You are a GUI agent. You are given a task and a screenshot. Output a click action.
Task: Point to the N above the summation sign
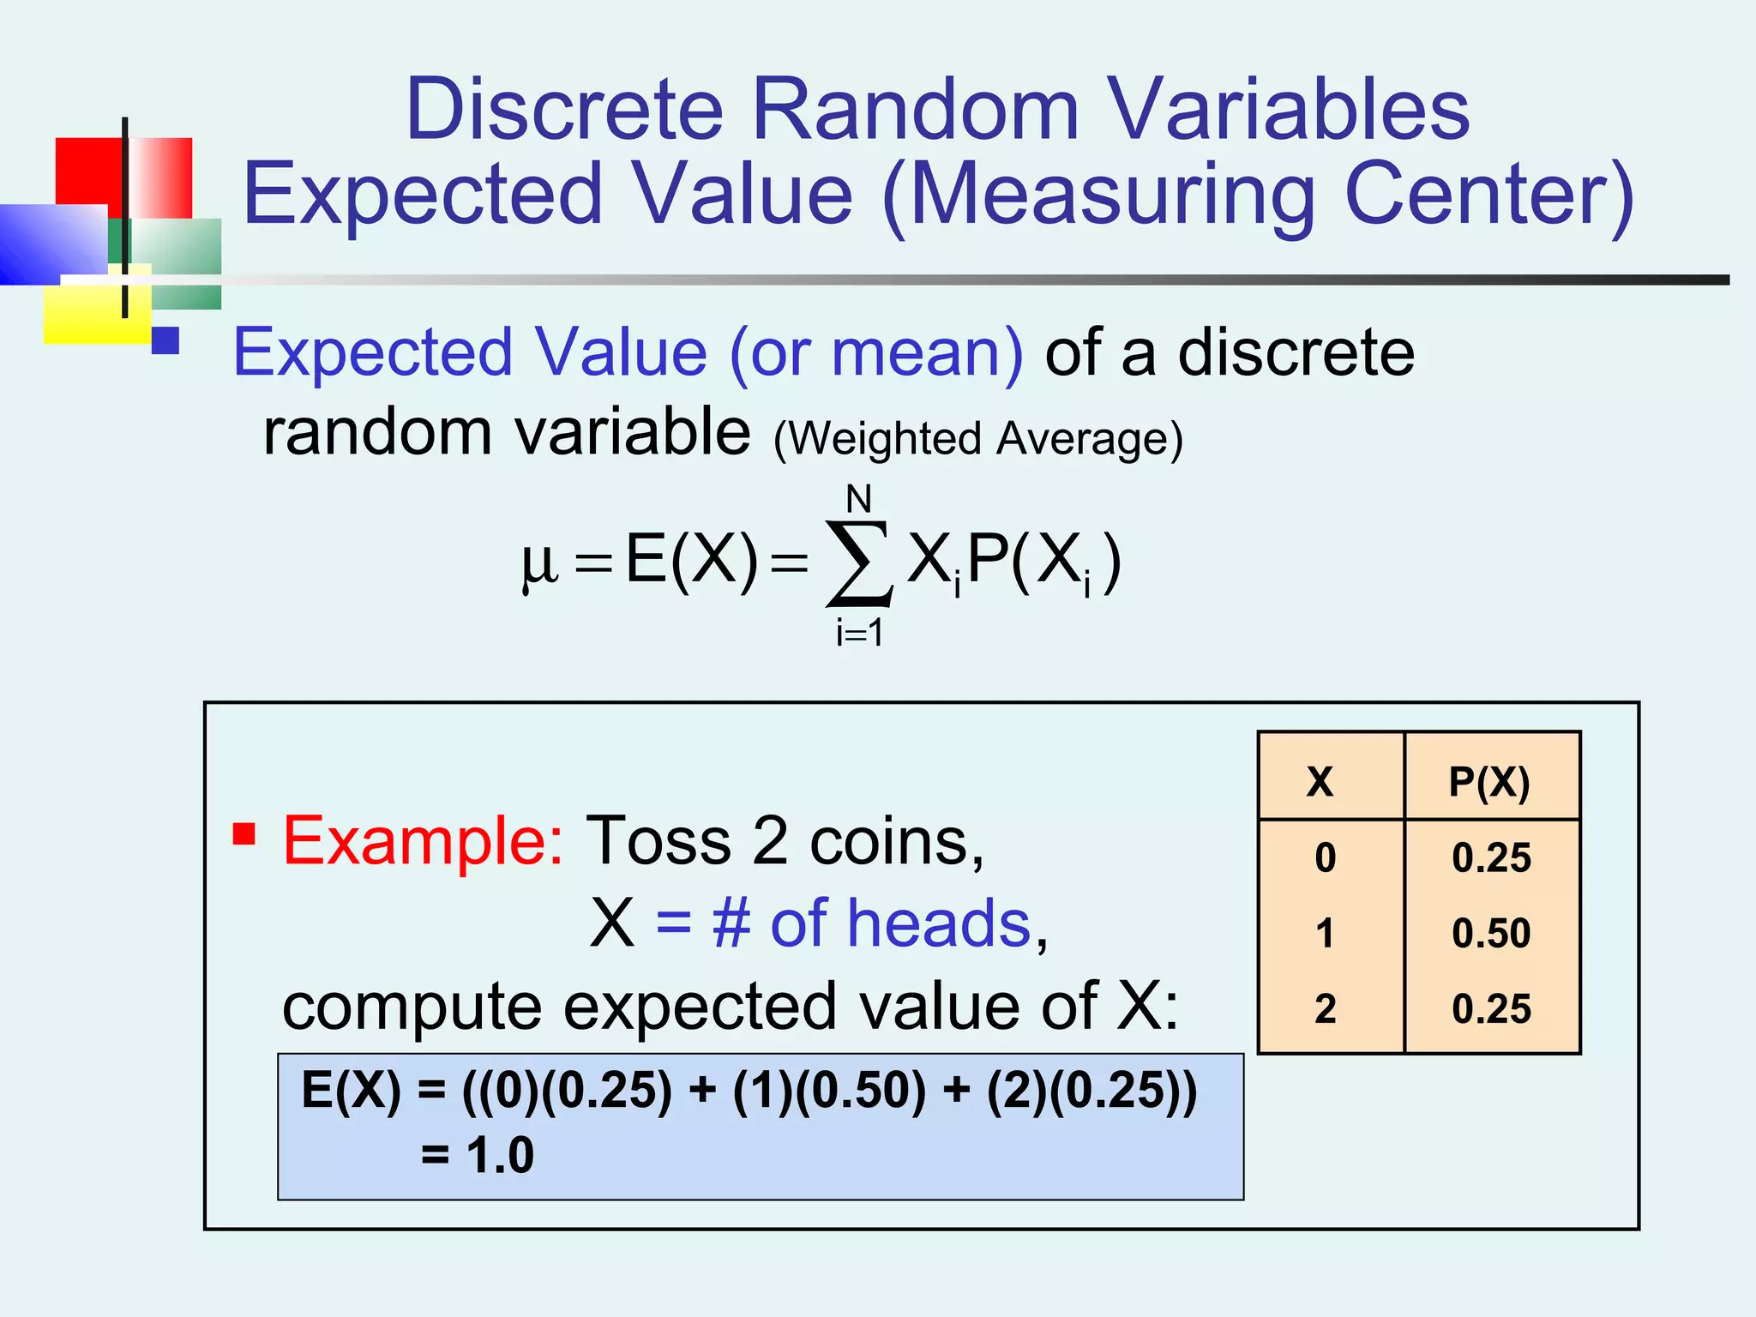click(x=858, y=498)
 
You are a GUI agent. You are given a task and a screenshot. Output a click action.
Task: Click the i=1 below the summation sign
click(x=859, y=633)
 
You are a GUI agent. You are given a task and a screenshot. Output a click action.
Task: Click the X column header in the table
click(x=1320, y=781)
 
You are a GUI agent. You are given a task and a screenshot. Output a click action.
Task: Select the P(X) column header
click(x=1489, y=781)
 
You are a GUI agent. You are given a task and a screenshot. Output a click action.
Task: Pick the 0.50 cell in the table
click(x=1491, y=933)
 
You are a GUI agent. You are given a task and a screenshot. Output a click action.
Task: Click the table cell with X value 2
click(x=1325, y=1008)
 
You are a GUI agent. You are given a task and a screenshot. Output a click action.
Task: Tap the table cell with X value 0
click(x=1325, y=857)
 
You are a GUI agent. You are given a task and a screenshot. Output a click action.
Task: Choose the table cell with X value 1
click(x=1325, y=933)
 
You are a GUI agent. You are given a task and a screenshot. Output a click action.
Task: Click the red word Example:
click(x=423, y=840)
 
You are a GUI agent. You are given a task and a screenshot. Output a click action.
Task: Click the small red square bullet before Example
click(x=244, y=833)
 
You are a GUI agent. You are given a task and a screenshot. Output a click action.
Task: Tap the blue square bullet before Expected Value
click(x=165, y=340)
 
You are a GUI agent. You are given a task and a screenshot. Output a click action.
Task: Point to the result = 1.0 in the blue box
click(x=478, y=1154)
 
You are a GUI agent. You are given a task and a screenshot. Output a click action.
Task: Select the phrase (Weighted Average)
click(x=977, y=439)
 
